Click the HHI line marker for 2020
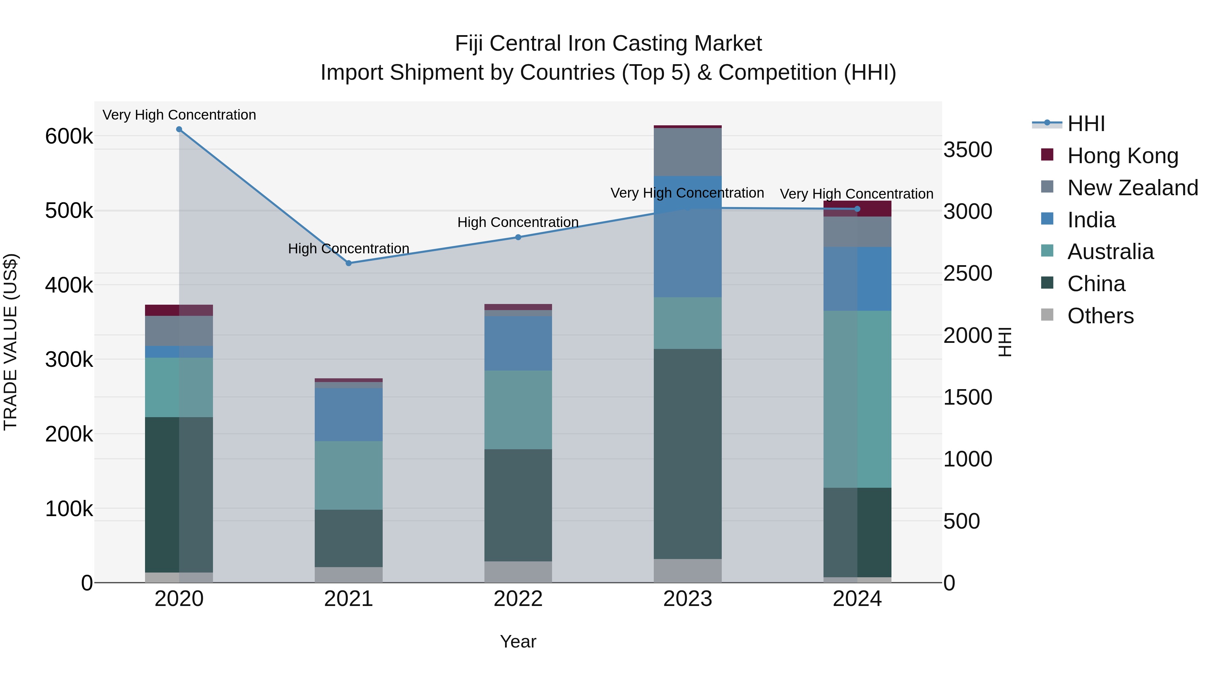click(179, 129)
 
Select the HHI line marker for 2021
click(349, 263)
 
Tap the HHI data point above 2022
click(518, 237)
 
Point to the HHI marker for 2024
click(857, 209)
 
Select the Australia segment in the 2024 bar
click(857, 399)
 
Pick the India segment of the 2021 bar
click(349, 414)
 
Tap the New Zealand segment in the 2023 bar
click(687, 152)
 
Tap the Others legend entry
click(1100, 316)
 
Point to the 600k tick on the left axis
click(69, 137)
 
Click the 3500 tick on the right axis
click(968, 150)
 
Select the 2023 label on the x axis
click(687, 599)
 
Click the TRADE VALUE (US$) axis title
click(10, 342)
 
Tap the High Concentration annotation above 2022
click(518, 222)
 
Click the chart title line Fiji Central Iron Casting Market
click(608, 44)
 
